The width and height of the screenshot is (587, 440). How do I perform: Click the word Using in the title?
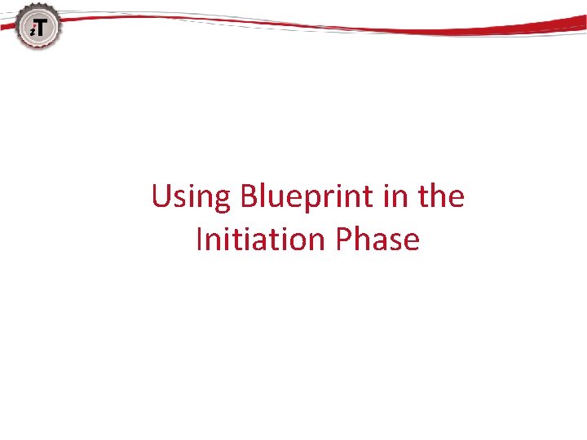tap(192, 198)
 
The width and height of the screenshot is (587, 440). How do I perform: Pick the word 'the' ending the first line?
tap(443, 198)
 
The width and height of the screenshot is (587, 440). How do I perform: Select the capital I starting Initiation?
tap(200, 240)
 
